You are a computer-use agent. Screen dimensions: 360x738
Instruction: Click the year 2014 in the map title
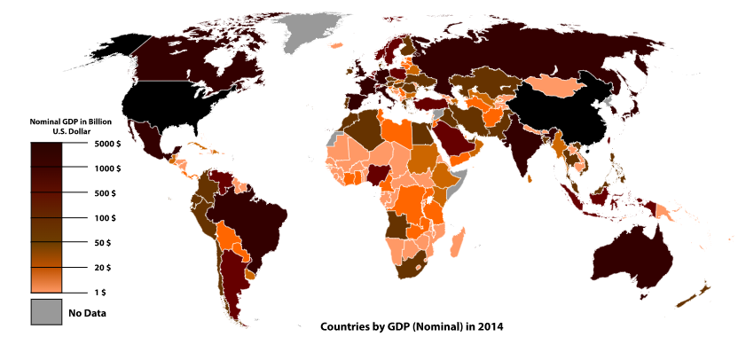pyautogui.click(x=490, y=326)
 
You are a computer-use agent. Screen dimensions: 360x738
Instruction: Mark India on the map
pyautogui.click(x=530, y=151)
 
